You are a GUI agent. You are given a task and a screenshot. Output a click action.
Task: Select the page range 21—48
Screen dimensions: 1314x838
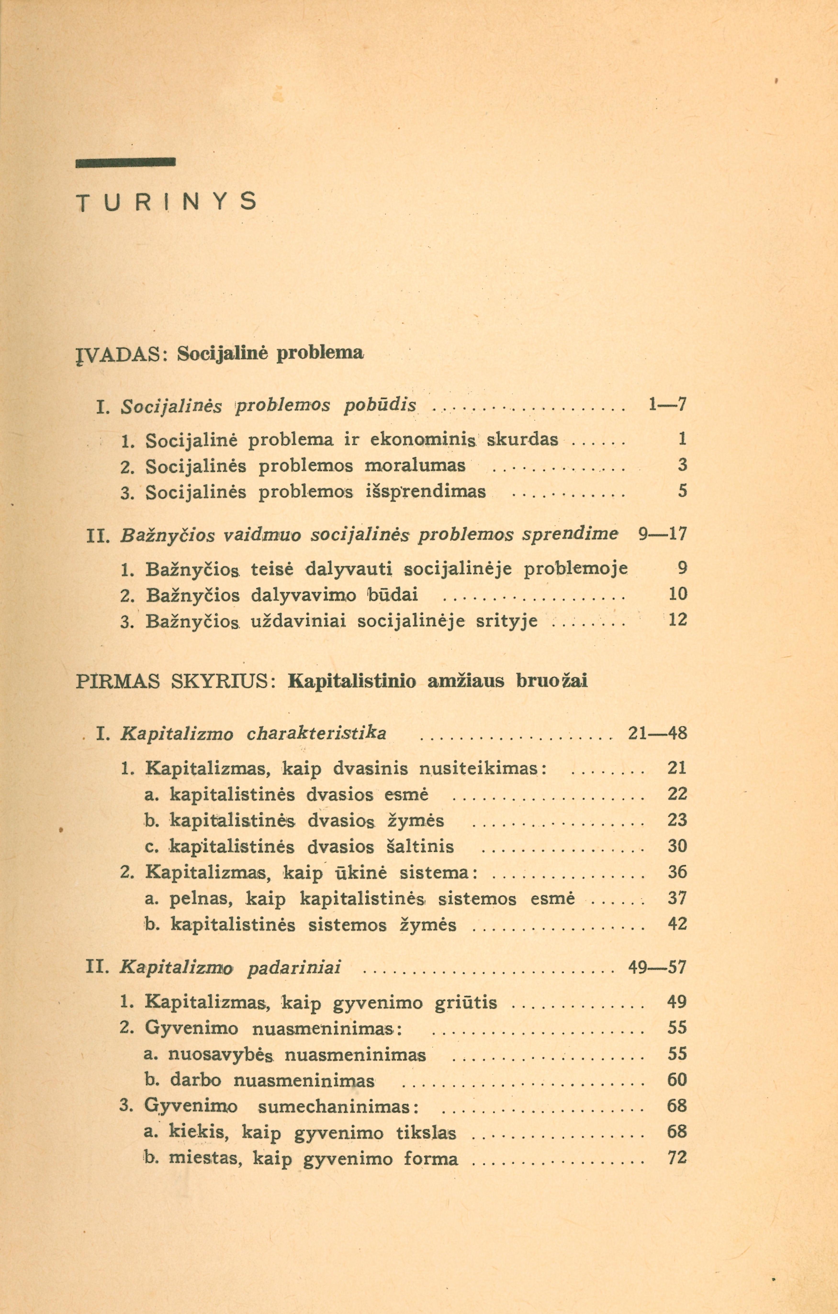(658, 734)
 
